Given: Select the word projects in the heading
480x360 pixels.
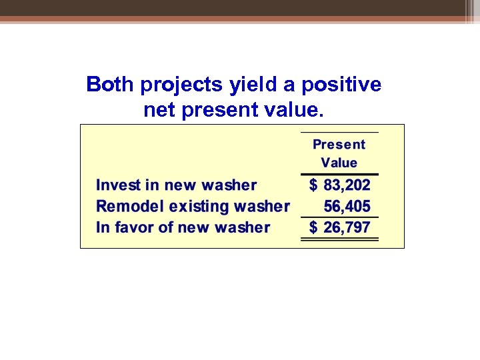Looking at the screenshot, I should click(x=174, y=85).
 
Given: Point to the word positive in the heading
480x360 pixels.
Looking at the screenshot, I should click(x=341, y=85).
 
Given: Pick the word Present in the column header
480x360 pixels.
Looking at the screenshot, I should click(x=339, y=144).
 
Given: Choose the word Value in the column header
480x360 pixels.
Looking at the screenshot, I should click(x=339, y=163).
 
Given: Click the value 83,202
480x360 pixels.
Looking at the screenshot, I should click(x=347, y=185).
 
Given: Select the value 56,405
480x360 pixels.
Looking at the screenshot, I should click(x=347, y=207).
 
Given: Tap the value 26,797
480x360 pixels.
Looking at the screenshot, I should click(x=347, y=227).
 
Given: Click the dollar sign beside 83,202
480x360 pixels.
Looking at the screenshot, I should click(x=313, y=185).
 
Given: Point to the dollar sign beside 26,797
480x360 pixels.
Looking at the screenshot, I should click(x=313, y=227).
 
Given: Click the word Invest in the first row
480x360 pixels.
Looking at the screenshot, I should click(x=118, y=185).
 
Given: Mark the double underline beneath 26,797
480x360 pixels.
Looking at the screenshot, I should click(x=339, y=239).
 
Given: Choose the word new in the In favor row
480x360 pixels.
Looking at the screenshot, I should click(x=191, y=227).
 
